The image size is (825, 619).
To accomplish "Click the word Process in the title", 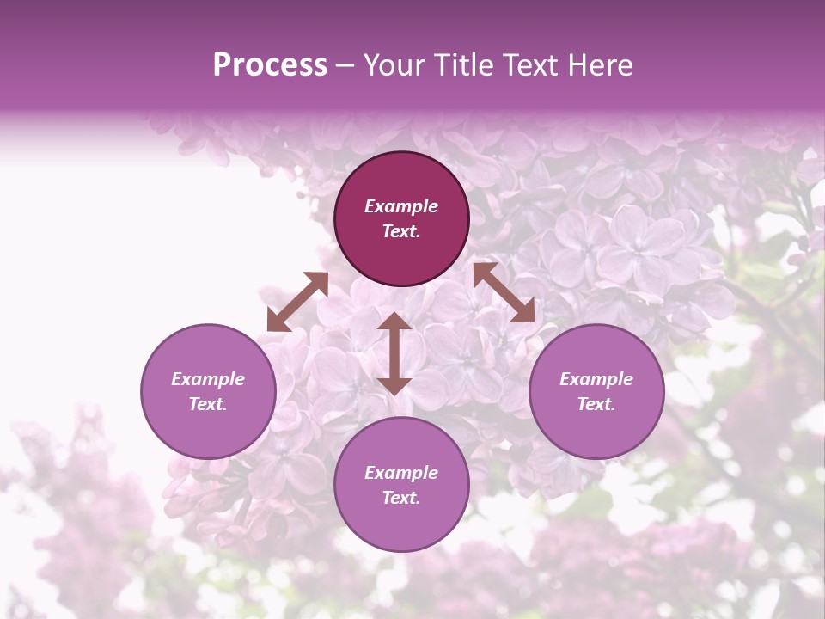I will (x=270, y=65).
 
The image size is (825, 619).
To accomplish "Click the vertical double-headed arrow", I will (x=394, y=354).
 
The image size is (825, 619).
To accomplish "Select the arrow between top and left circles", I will (x=297, y=302).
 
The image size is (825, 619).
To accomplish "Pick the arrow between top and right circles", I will (x=504, y=293).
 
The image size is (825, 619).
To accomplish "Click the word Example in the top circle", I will (x=401, y=206).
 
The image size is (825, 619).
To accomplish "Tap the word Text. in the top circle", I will (x=401, y=231).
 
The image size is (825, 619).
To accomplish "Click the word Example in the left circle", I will (x=208, y=379).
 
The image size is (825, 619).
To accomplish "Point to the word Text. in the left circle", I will (x=208, y=404).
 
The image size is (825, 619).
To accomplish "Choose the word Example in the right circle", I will (x=596, y=379).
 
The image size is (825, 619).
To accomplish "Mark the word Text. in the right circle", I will (x=596, y=404).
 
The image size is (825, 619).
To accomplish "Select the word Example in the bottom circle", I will (x=401, y=473).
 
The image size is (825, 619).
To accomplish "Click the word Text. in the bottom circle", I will (x=401, y=498).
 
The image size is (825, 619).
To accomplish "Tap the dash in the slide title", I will (x=345, y=66).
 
